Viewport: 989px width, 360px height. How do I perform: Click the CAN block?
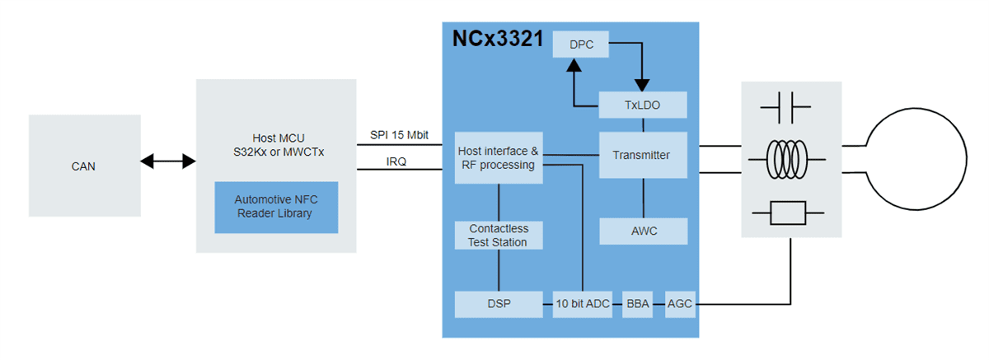pyautogui.click(x=83, y=166)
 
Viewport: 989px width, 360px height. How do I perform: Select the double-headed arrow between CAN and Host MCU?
pyautogui.click(x=167, y=161)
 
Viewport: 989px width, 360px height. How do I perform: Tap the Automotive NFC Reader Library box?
pyautogui.click(x=276, y=207)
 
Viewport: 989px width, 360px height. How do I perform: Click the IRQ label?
pyautogui.click(x=398, y=161)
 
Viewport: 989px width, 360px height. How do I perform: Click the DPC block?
pyautogui.click(x=581, y=44)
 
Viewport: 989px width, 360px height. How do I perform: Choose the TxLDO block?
pyautogui.click(x=642, y=105)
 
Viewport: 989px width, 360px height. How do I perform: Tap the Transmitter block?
pyautogui.click(x=642, y=155)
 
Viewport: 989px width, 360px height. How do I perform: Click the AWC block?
pyautogui.click(x=642, y=231)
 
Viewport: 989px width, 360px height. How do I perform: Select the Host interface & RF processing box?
pyautogui.click(x=499, y=158)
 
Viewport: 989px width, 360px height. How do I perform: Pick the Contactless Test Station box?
pyautogui.click(x=499, y=235)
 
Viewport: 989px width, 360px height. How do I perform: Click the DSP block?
pyautogui.click(x=499, y=304)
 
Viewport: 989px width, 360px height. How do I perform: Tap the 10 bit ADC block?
pyautogui.click(x=582, y=304)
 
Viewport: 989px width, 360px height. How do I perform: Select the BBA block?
pyautogui.click(x=637, y=304)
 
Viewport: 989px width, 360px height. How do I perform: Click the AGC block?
pyautogui.click(x=680, y=304)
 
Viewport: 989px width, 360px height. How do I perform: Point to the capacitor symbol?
pyautogui.click(x=785, y=106)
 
